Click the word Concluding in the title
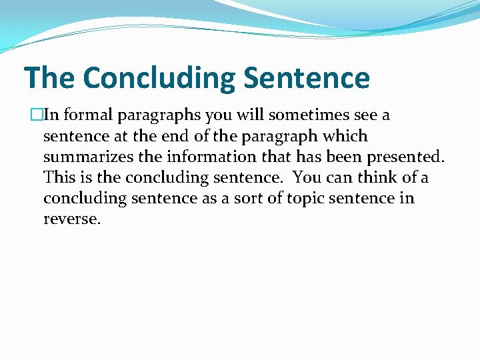[159, 78]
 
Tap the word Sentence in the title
[307, 78]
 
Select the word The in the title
[49, 78]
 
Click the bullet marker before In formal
[35, 115]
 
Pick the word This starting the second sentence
[58, 178]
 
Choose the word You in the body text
[306, 178]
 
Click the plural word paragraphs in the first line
[159, 115]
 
